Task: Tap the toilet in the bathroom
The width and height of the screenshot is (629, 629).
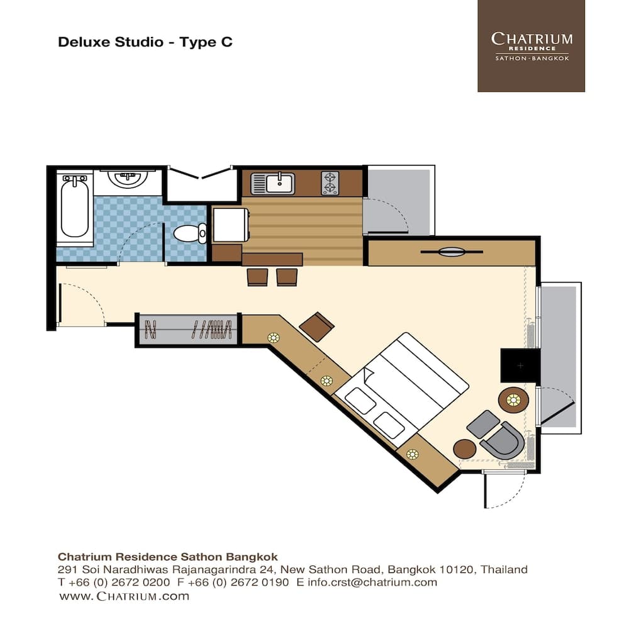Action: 190,233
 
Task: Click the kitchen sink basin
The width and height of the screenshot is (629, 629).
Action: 280,183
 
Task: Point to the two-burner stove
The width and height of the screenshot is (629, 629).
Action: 330,183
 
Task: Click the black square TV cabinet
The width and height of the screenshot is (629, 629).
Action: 520,365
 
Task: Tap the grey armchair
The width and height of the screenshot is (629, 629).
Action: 503,440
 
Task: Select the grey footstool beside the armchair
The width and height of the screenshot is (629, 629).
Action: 483,424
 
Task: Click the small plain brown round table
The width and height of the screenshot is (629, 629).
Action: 465,449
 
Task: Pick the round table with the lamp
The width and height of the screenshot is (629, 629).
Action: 513,400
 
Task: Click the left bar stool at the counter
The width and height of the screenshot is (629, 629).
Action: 257,277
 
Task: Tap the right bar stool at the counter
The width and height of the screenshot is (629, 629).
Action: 287,277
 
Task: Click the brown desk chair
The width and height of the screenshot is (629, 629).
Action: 317,326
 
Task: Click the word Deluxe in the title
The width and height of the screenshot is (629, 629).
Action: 85,42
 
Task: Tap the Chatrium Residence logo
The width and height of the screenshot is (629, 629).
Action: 531,46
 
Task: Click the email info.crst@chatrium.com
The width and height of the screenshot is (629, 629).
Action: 372,582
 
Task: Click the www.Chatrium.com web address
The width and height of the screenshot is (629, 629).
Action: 124,596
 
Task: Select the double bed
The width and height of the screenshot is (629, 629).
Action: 401,389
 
